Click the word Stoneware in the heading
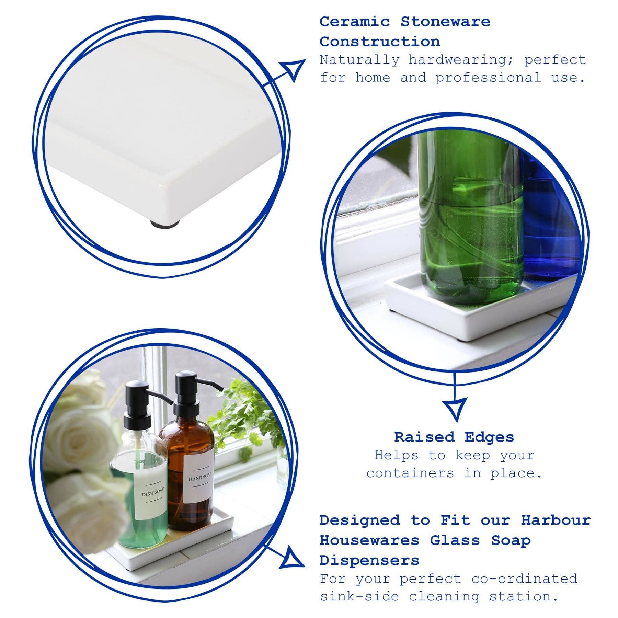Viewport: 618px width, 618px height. (x=445, y=22)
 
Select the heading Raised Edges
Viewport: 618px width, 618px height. (x=454, y=437)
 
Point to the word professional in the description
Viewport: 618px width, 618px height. (x=488, y=78)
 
